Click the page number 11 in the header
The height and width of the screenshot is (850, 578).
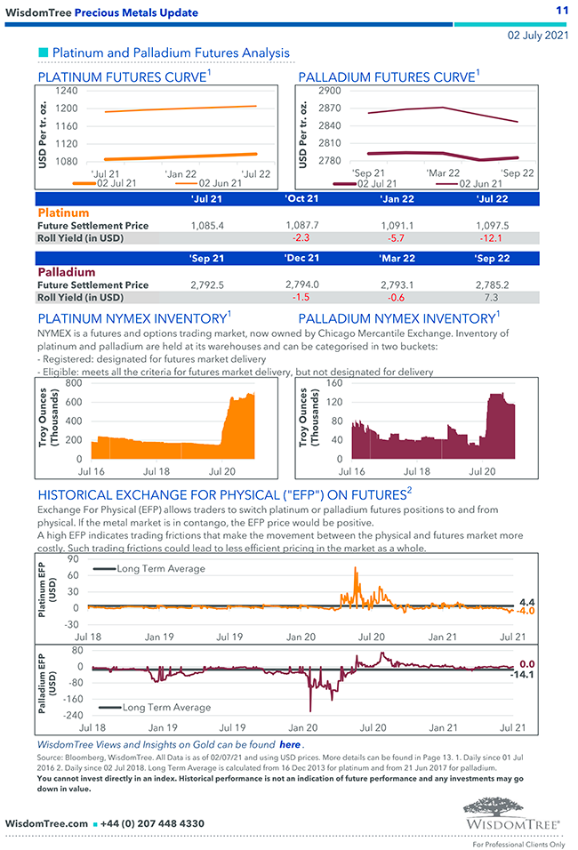pyautogui.click(x=561, y=10)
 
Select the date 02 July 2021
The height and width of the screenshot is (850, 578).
pyautogui.click(x=537, y=36)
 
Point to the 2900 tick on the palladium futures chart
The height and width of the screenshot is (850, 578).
pyautogui.click(x=328, y=91)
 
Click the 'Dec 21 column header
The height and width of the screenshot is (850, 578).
pyautogui.click(x=303, y=258)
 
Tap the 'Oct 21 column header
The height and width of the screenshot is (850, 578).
pyautogui.click(x=302, y=199)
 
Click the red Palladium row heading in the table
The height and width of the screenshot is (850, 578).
pyautogui.click(x=66, y=272)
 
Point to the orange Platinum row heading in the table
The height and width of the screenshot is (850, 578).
pyautogui.click(x=63, y=213)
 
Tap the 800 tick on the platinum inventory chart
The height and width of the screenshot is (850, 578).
pyautogui.click(x=73, y=383)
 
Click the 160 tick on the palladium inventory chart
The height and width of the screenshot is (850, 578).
pyautogui.click(x=333, y=383)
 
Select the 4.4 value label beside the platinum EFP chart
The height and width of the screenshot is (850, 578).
pyautogui.click(x=526, y=602)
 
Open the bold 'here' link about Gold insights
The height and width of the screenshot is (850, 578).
pyautogui.click(x=289, y=744)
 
